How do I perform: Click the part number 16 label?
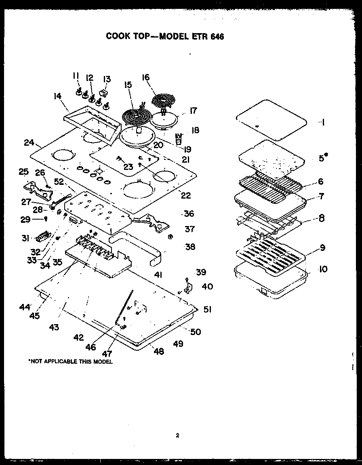pyautogui.click(x=146, y=77)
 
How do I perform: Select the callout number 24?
pyautogui.click(x=28, y=142)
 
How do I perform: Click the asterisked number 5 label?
pyautogui.click(x=322, y=158)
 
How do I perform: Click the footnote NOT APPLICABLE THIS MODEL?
pyautogui.click(x=70, y=362)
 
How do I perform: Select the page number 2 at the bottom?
pyautogui.click(x=177, y=435)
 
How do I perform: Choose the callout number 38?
pyautogui.click(x=190, y=247)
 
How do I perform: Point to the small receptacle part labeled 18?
pyautogui.click(x=178, y=139)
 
